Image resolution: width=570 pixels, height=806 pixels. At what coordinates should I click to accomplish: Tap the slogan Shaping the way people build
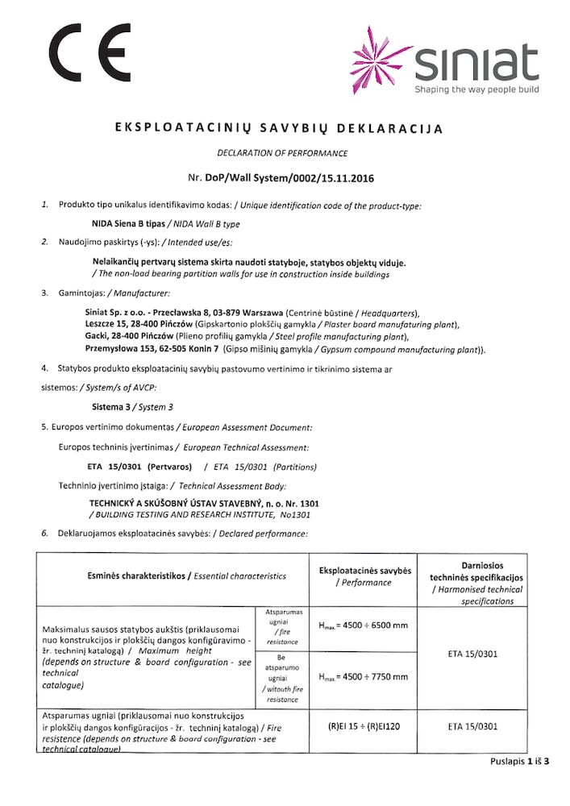(x=476, y=89)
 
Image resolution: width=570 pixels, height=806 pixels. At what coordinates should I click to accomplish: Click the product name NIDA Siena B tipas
(x=127, y=223)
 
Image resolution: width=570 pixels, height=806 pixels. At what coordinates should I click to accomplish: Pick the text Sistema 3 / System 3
(x=132, y=407)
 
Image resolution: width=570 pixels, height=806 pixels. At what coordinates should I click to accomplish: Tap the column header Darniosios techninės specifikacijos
(x=476, y=577)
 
